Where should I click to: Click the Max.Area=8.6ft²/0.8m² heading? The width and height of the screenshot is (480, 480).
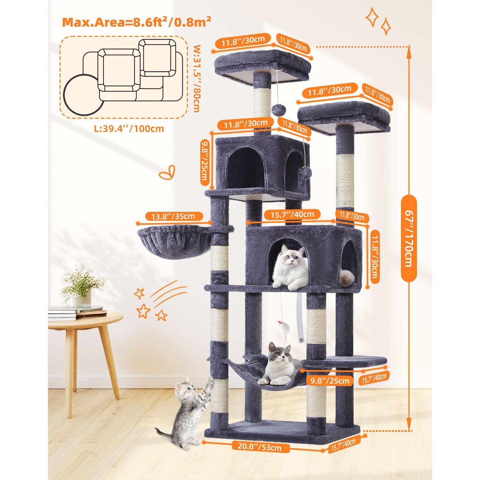pos(137,22)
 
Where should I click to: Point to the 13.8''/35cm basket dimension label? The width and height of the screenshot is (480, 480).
pos(173,216)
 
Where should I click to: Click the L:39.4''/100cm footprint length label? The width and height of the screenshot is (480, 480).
pos(129,128)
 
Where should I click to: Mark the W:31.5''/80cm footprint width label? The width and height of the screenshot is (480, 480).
pos(196,78)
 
